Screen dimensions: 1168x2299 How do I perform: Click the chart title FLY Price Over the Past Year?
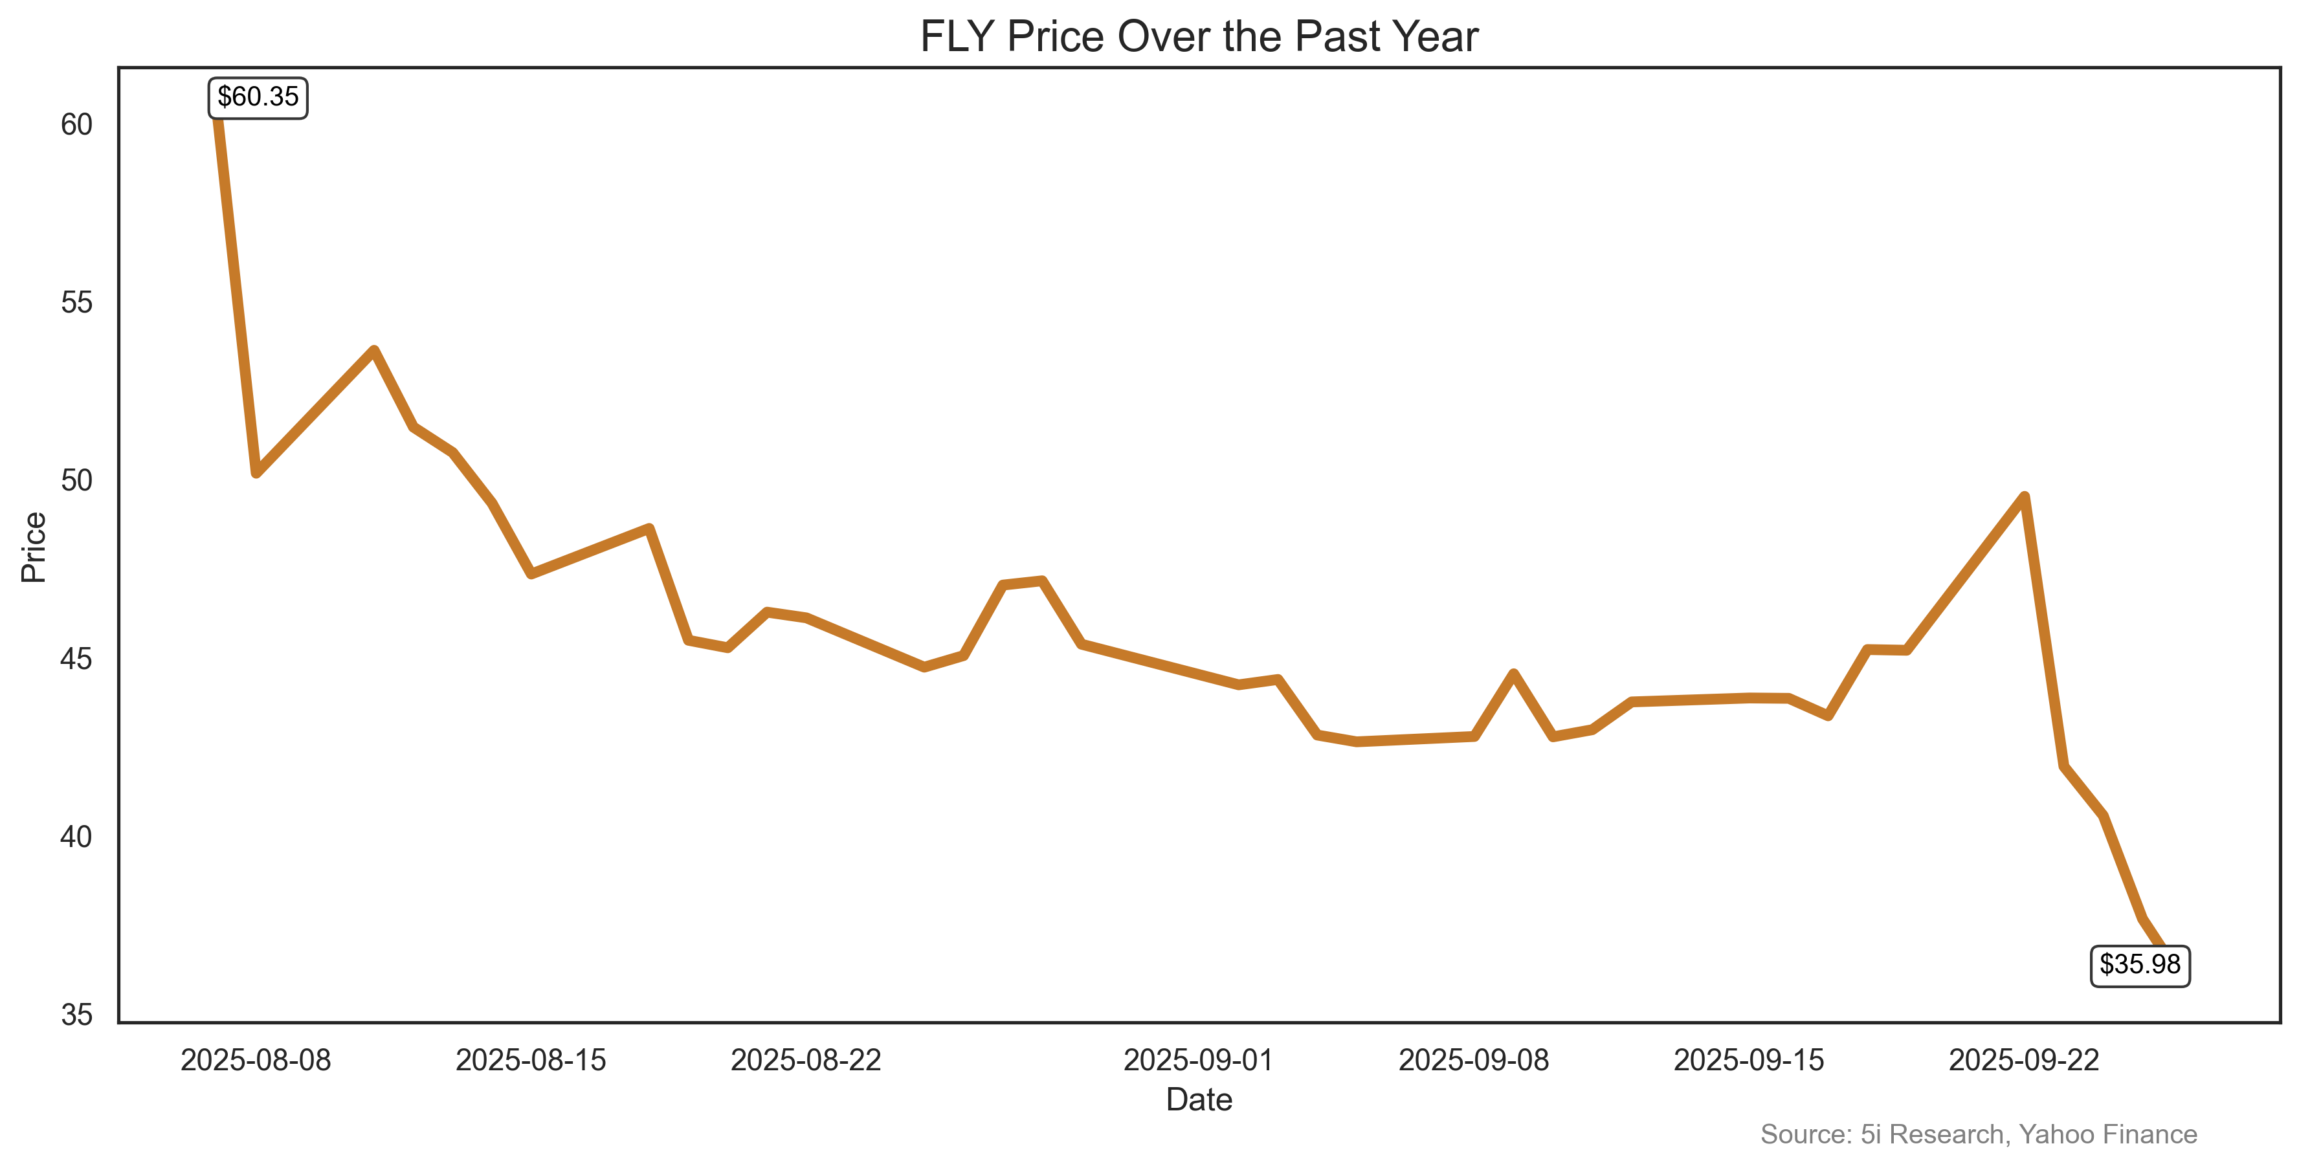click(x=1199, y=37)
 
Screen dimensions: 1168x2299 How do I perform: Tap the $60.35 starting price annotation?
click(x=258, y=96)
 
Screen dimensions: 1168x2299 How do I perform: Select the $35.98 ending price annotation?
click(x=2139, y=965)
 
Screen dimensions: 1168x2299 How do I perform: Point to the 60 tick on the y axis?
click(x=77, y=125)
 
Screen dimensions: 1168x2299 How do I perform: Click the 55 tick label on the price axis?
click(x=77, y=302)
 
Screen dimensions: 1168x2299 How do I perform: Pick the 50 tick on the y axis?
click(x=77, y=481)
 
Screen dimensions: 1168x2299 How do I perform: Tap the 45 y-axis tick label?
click(x=77, y=659)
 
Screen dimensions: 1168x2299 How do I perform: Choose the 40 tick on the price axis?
click(x=77, y=837)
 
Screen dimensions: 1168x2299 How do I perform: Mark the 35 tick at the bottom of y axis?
click(x=77, y=1015)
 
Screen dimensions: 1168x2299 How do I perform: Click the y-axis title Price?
click(x=34, y=547)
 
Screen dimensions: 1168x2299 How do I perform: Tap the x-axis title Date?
click(x=1199, y=1099)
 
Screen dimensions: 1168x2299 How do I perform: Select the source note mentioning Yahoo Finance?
click(x=1978, y=1134)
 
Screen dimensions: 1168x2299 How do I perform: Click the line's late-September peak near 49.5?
click(x=2024, y=497)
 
